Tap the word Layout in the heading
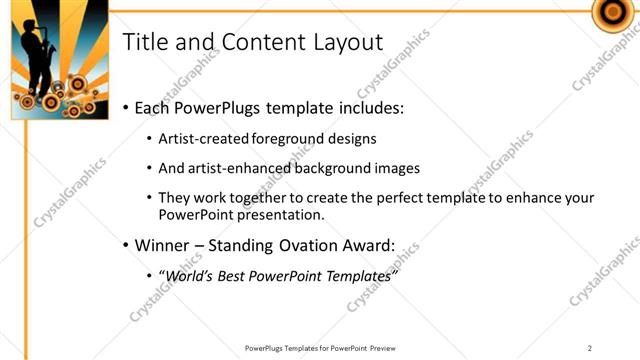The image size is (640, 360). (344, 43)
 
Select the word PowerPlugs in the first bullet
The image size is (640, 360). (222, 107)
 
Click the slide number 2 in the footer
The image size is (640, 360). (590, 347)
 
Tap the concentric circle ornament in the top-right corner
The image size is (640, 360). (610, 11)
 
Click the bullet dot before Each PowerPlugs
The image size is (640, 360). (125, 108)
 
